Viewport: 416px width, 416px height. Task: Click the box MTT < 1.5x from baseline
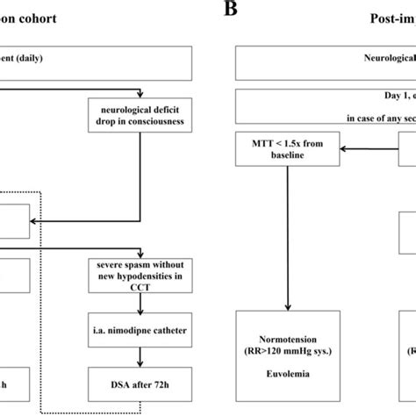pos(288,149)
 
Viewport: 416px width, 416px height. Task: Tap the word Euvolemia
pos(288,383)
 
